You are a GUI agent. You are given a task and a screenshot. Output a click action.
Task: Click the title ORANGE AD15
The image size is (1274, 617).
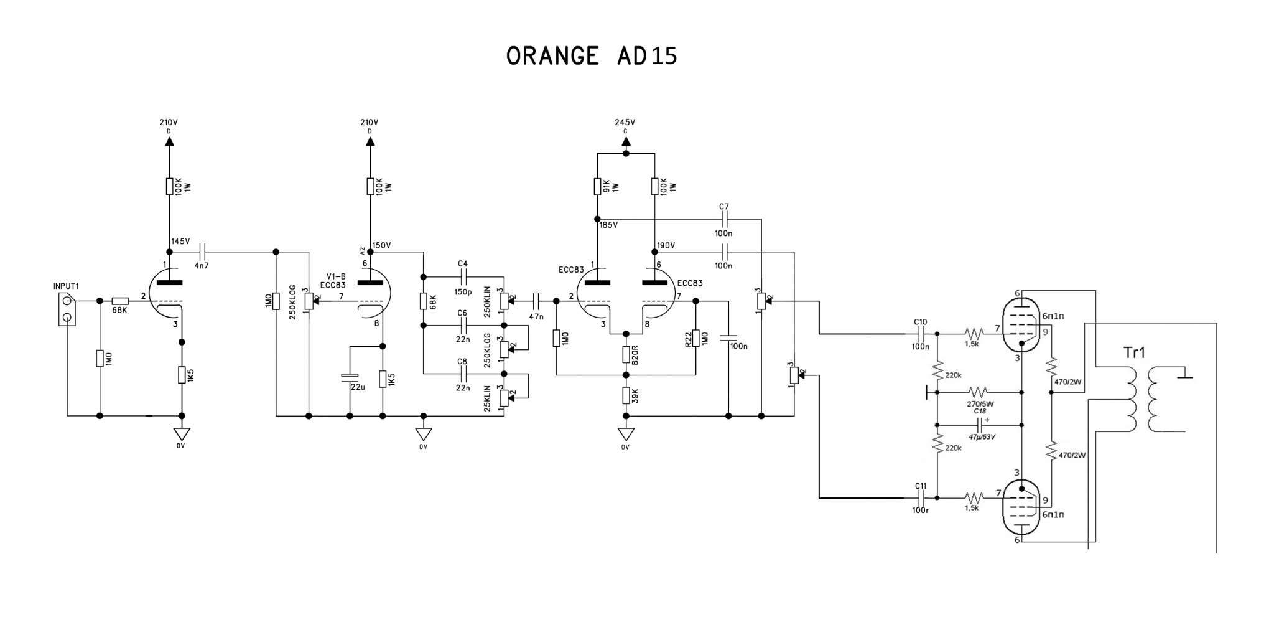click(x=591, y=56)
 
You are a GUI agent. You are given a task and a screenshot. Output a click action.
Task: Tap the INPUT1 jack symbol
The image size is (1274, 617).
click(x=67, y=309)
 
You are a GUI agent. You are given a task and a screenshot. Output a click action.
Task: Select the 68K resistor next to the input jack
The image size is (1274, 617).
click(x=120, y=301)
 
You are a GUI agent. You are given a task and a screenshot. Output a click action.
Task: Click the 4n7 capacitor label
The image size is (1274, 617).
click(x=202, y=266)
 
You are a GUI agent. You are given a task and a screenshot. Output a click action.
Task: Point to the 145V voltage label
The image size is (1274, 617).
click(x=180, y=242)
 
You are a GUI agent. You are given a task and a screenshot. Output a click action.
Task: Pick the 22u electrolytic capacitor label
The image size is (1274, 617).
click(x=358, y=387)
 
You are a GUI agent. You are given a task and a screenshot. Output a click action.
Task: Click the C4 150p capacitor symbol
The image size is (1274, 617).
click(x=463, y=276)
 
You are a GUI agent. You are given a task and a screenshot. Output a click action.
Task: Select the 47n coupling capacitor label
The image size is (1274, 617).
click(x=536, y=316)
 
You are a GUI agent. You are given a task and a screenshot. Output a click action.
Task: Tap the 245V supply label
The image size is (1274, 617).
click(x=625, y=123)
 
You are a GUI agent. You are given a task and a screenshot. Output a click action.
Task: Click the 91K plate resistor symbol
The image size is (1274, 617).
click(x=597, y=186)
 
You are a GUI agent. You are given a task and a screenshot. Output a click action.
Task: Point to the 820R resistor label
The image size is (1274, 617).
click(x=636, y=354)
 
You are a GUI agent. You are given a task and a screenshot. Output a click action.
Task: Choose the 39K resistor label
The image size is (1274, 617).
click(x=636, y=395)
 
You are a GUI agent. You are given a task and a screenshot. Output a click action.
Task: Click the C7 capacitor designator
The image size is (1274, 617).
click(x=723, y=207)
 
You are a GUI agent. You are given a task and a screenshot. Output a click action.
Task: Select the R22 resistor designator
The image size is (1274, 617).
click(x=688, y=339)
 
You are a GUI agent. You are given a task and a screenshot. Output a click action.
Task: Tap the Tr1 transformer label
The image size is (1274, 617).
click(x=1134, y=353)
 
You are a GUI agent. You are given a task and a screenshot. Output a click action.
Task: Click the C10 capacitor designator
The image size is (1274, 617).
click(x=921, y=322)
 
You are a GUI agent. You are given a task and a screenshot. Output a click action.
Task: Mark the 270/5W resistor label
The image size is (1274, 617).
click(x=981, y=403)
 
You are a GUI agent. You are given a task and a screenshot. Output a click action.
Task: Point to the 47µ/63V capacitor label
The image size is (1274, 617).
click(x=982, y=436)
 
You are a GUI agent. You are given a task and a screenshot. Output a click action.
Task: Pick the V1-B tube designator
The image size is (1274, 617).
click(x=336, y=276)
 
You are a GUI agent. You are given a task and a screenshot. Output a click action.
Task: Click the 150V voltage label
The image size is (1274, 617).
click(x=381, y=245)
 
